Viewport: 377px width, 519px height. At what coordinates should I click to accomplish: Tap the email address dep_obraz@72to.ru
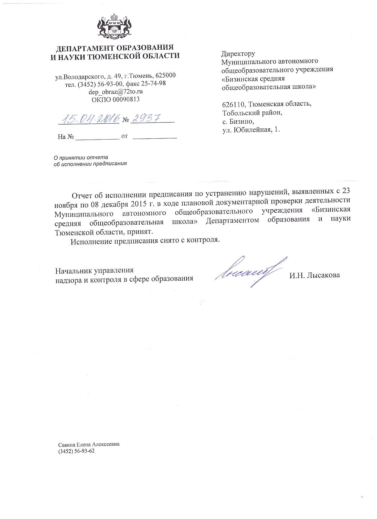pyautogui.click(x=116, y=92)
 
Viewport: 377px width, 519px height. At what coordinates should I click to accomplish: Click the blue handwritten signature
pyautogui.click(x=250, y=271)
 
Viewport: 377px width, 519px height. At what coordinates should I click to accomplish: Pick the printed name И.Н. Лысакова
pyautogui.click(x=315, y=275)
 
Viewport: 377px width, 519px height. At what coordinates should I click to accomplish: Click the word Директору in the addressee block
pyautogui.click(x=238, y=54)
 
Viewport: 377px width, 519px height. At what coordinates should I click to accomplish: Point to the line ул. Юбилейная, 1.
pyautogui.click(x=251, y=130)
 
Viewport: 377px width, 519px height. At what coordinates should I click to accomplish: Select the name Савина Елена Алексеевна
pyautogui.click(x=89, y=444)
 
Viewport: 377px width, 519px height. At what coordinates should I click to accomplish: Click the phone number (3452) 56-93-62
pyautogui.click(x=76, y=451)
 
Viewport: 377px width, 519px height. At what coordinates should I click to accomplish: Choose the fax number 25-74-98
pyautogui.click(x=153, y=83)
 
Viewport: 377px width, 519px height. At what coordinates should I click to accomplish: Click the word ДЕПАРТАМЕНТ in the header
pyautogui.click(x=84, y=48)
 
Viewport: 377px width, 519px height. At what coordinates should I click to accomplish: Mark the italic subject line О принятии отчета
pyautogui.click(x=81, y=157)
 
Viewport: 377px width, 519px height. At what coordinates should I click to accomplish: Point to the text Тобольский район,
pyautogui.click(x=252, y=113)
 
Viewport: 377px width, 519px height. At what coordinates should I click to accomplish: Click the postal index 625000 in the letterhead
pyautogui.click(x=165, y=75)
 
